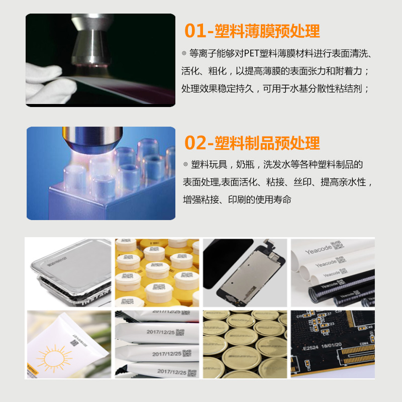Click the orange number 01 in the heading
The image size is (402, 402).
pos(195,31)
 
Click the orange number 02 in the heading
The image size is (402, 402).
pos(195,143)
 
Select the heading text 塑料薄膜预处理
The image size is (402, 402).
pos(267,31)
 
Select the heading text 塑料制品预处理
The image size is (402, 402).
pos(267,143)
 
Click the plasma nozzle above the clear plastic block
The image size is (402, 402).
pos(91,139)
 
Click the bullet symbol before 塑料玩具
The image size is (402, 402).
pos(185,165)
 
